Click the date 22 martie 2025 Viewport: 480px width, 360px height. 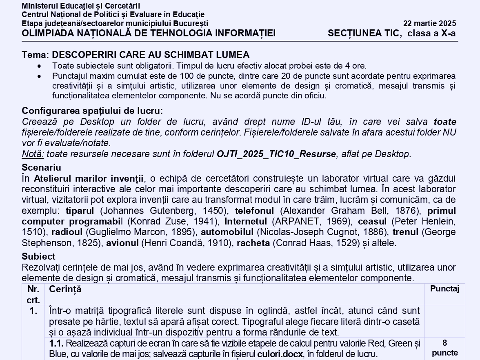pyautogui.click(x=429, y=23)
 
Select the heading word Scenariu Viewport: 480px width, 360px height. pyautogui.click(x=41, y=167)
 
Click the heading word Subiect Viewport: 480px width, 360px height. pyautogui.click(x=38, y=257)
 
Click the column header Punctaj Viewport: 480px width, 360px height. pyautogui.click(x=444, y=289)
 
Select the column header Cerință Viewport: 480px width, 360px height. pyautogui.click(x=65, y=289)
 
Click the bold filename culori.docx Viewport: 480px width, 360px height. pyautogui.click(x=280, y=354)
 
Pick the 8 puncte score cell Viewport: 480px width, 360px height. pyautogui.click(x=444, y=348)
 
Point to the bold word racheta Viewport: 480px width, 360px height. pyautogui.click(x=253, y=243)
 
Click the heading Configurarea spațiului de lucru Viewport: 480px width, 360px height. pyautogui.click(x=92, y=111)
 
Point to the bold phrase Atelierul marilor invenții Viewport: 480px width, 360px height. pyautogui.click(x=89, y=178)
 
